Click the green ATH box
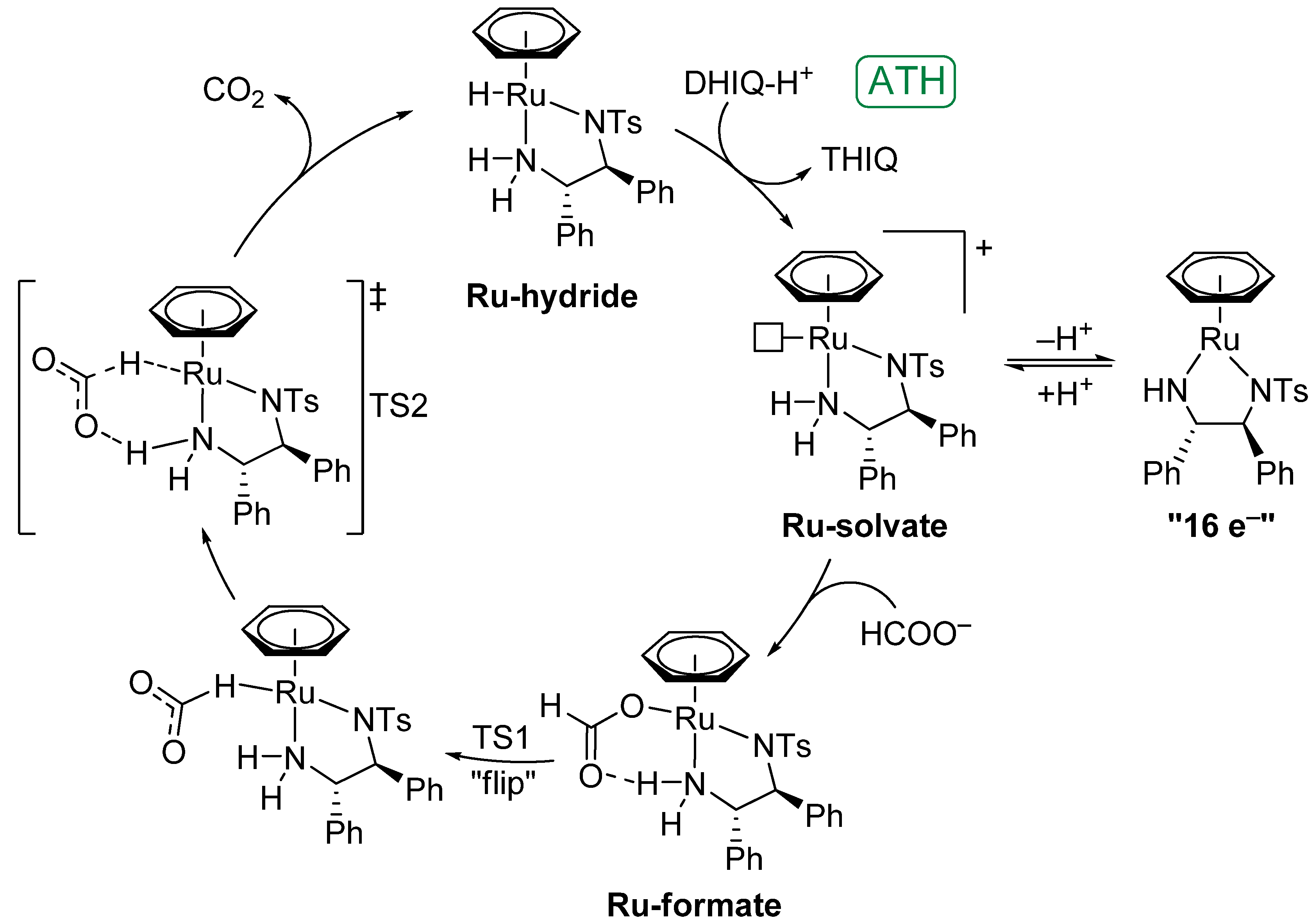pos(906,81)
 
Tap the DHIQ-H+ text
pos(747,83)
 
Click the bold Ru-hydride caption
pos(552,296)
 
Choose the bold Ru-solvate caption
pos(864,526)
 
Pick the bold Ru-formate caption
pos(693,905)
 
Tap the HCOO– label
pos(915,634)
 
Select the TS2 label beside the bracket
pos(398,406)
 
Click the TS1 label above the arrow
pos(500,737)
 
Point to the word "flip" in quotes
pos(503,783)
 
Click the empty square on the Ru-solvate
pos(767,338)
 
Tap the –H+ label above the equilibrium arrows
pos(1063,338)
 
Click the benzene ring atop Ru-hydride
pos(526,33)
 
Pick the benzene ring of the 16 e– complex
pos(1220,277)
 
